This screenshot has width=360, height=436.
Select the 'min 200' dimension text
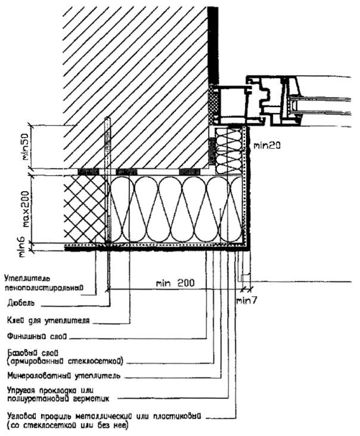pos(175,284)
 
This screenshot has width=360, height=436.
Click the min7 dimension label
pos(245,300)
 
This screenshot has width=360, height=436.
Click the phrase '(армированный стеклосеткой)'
pos(63,360)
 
